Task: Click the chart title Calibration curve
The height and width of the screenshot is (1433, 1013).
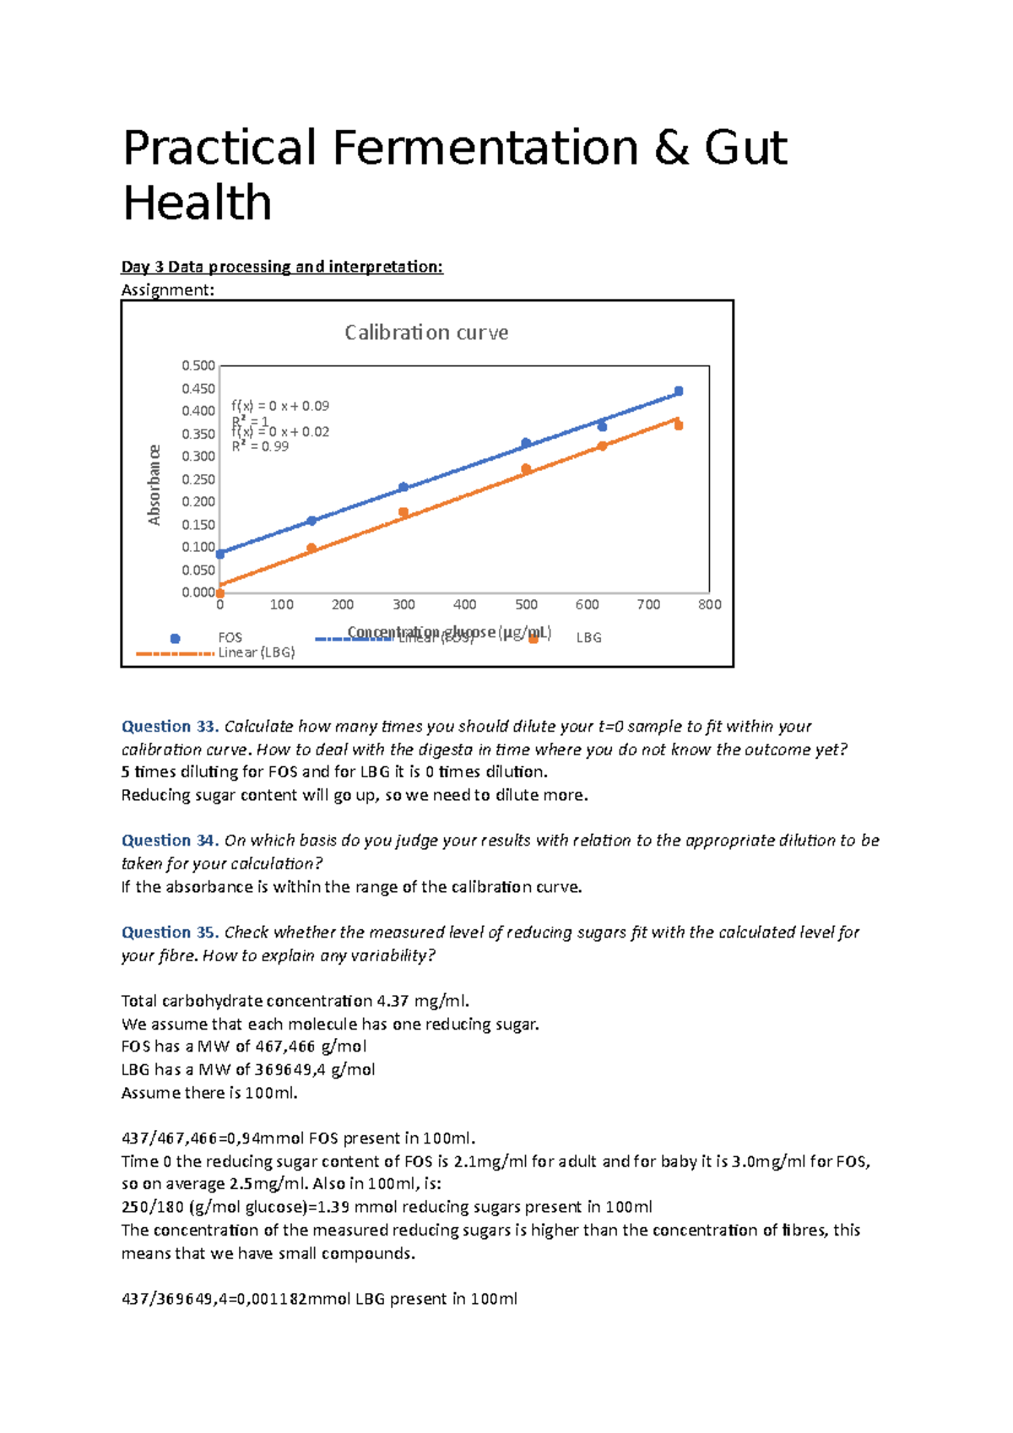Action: coord(426,333)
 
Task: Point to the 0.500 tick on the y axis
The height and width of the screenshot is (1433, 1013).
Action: coord(198,365)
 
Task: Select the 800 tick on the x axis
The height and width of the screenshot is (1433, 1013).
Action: coord(709,604)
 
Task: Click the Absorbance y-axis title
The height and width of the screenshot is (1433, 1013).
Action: coord(154,485)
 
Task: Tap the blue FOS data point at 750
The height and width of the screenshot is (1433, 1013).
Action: coord(679,391)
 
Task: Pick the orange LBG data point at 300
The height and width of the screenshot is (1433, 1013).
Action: coord(404,512)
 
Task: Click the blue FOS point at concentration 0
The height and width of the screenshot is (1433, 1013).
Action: coord(220,554)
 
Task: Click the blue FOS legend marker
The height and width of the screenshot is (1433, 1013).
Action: coord(176,638)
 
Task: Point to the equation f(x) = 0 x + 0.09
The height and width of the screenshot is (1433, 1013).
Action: coord(280,406)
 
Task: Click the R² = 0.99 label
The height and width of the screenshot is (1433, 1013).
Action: coord(260,446)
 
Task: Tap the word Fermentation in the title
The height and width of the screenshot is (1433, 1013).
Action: coord(485,148)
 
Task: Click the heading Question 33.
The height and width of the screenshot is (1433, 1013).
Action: coord(170,727)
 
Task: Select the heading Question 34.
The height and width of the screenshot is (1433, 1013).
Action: coord(170,841)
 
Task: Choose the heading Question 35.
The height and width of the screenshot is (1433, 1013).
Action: coord(170,933)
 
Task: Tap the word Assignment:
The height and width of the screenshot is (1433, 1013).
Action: coord(168,290)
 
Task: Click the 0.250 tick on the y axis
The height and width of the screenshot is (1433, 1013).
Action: coord(198,479)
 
